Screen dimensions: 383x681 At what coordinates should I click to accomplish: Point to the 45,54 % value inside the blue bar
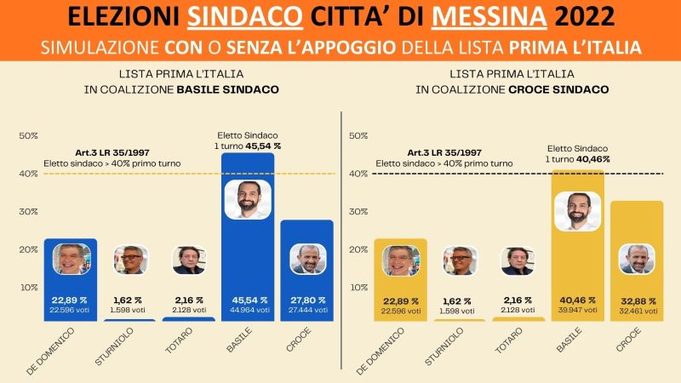pyautogui.click(x=247, y=300)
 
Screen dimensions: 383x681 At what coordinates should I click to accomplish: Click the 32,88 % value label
pyautogui.click(x=637, y=300)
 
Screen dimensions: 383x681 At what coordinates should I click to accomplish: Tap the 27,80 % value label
pyautogui.click(x=306, y=300)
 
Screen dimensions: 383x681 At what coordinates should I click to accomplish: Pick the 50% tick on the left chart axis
pyautogui.click(x=29, y=136)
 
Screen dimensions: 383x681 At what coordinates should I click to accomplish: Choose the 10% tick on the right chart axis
pyautogui.click(x=359, y=288)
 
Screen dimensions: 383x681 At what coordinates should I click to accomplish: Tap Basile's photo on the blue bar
pyautogui.click(x=247, y=200)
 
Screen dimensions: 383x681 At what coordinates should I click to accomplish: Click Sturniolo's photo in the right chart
pyautogui.click(x=461, y=260)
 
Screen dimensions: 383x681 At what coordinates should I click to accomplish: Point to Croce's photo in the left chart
pyautogui.click(x=306, y=259)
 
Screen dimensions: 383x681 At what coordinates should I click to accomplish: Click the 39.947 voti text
pyautogui.click(x=578, y=311)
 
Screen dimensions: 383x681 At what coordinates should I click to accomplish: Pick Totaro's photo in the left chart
pyautogui.click(x=189, y=260)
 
